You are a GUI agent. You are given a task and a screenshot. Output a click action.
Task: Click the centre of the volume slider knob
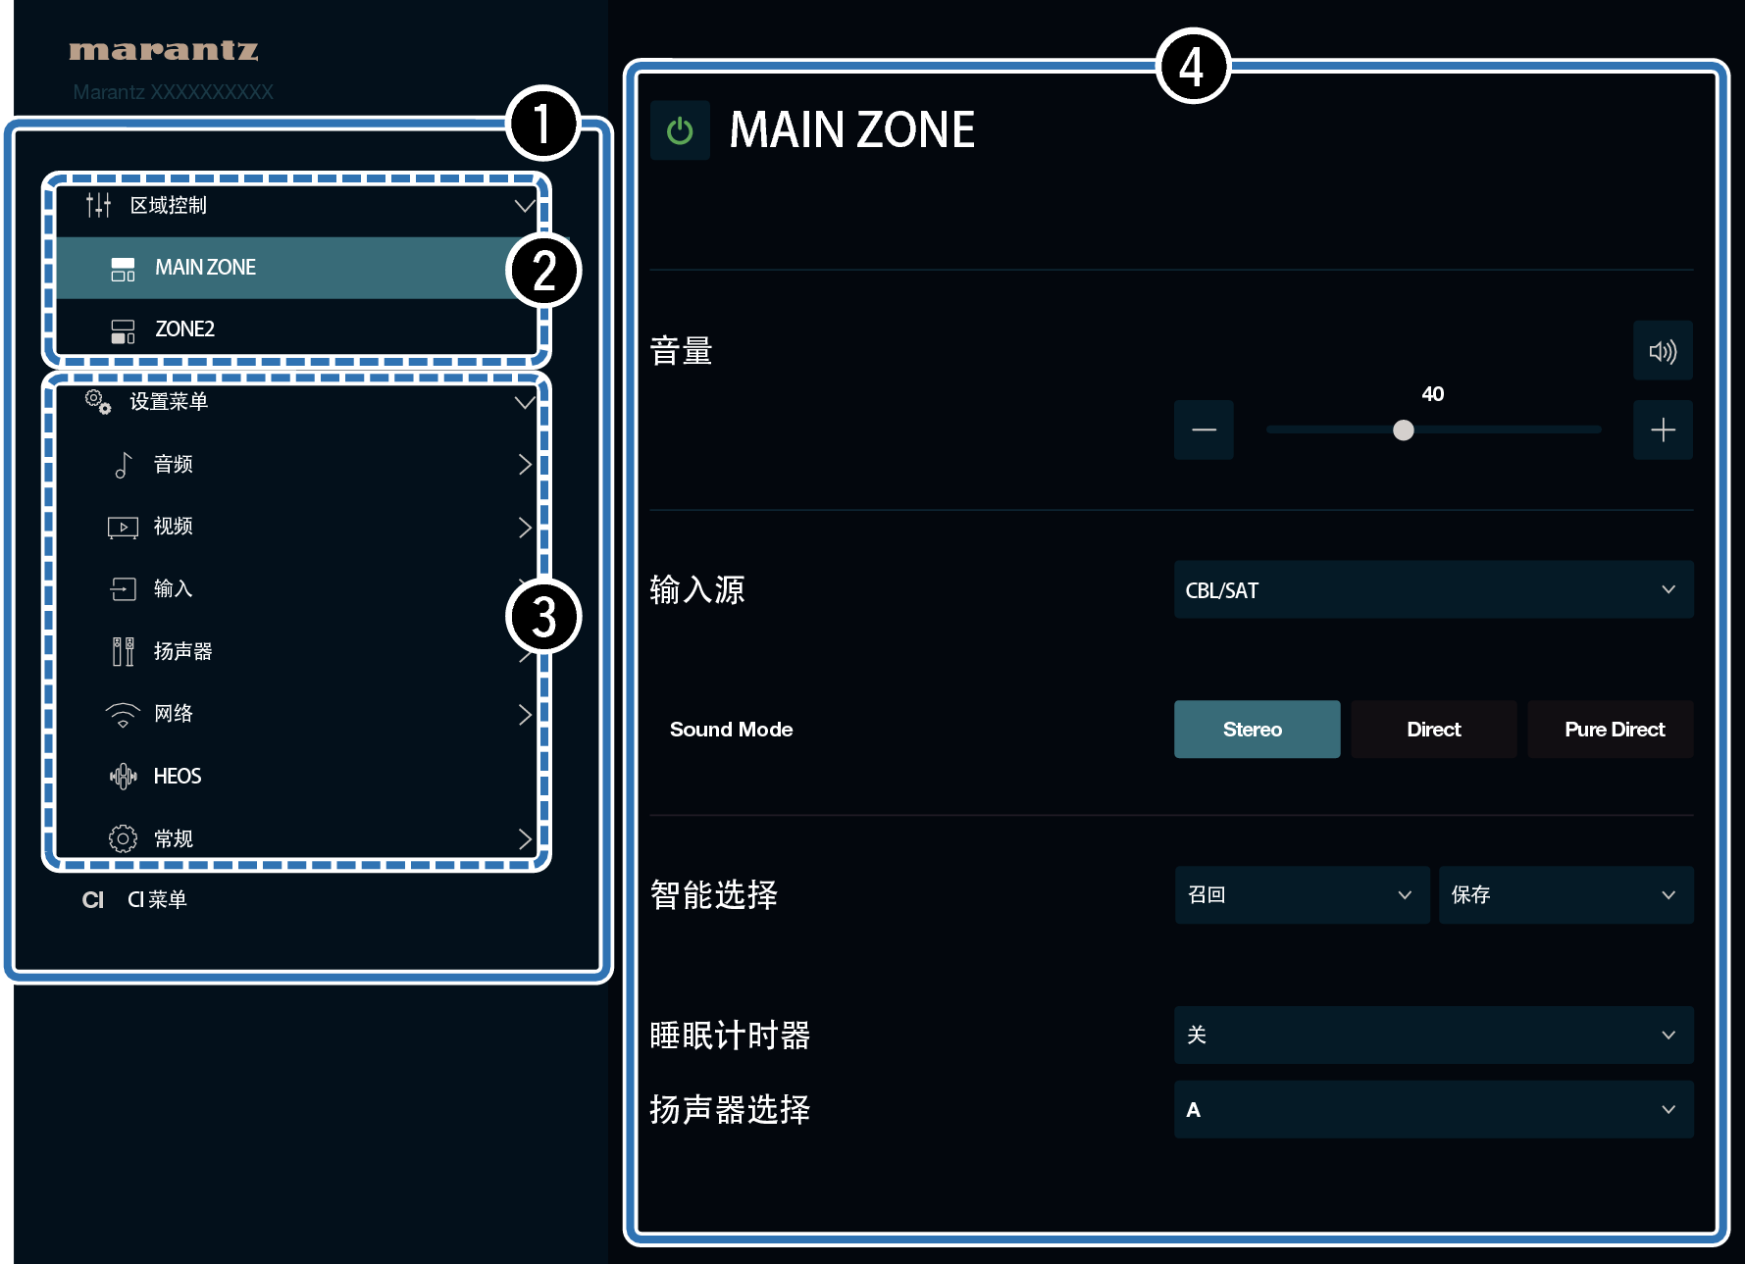click(1404, 430)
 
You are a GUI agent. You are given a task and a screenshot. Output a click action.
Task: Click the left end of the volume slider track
click(1267, 430)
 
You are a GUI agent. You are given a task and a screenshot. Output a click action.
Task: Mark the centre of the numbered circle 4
click(1192, 66)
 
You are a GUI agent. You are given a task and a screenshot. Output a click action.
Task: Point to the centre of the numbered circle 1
click(542, 125)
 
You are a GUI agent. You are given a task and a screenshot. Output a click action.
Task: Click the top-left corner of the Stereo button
click(1174, 700)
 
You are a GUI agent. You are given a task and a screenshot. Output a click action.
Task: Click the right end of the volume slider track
click(1601, 430)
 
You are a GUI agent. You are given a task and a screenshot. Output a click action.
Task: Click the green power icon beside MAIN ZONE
click(680, 130)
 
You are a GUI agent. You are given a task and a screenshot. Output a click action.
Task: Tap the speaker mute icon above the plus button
click(1663, 351)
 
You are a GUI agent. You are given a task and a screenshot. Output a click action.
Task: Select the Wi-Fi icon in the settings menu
click(123, 715)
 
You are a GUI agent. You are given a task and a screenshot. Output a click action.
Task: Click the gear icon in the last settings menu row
click(123, 838)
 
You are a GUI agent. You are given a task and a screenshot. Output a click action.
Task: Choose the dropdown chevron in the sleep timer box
click(1668, 1035)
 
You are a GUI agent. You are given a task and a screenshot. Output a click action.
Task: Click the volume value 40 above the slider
click(1433, 394)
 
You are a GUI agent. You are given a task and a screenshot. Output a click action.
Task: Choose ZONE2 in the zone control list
click(184, 329)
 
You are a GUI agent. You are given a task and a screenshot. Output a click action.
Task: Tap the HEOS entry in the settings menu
click(178, 777)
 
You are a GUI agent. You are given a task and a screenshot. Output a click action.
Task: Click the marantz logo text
click(164, 50)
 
